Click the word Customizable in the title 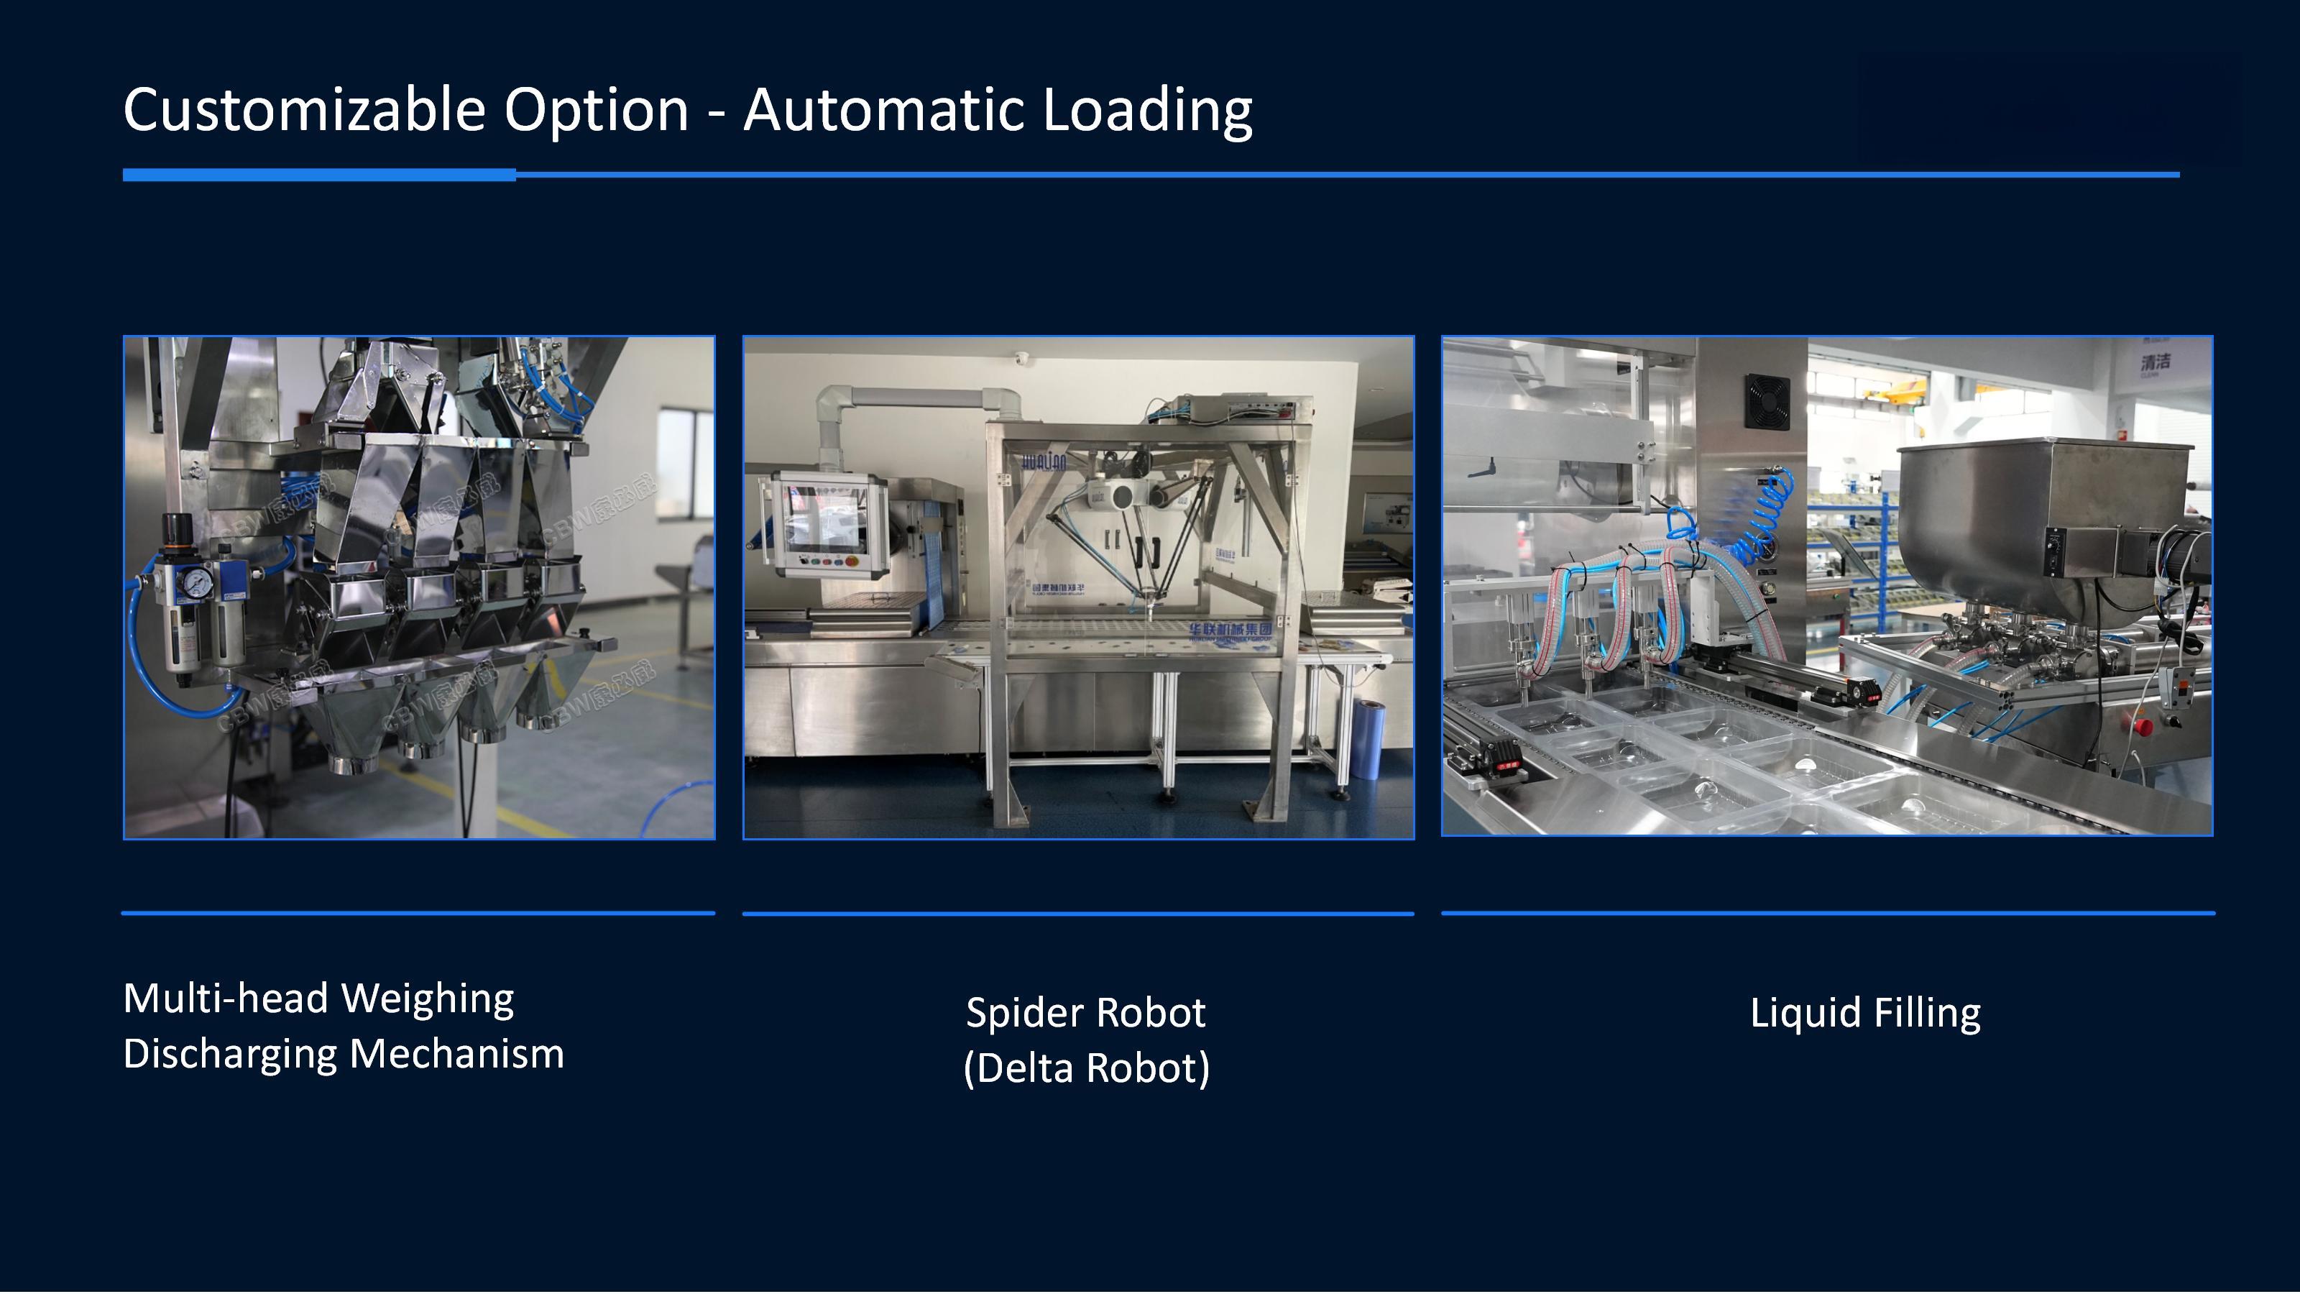tap(303, 110)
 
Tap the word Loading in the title tap(1147, 110)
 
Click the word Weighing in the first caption tap(428, 999)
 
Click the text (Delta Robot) tap(1087, 1068)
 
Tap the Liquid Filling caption tap(1865, 1013)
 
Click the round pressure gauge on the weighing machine tap(194, 583)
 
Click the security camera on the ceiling tap(1021, 358)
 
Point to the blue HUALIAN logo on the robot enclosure tap(1044, 462)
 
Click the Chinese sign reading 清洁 tap(2155, 362)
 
